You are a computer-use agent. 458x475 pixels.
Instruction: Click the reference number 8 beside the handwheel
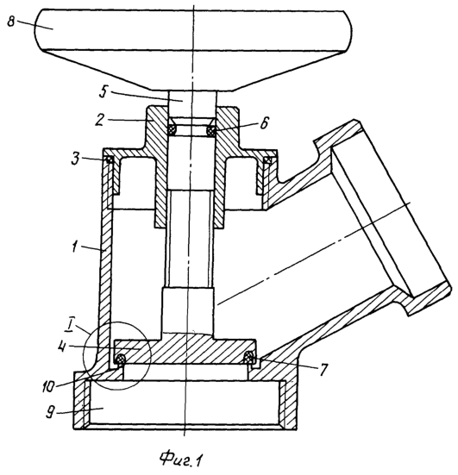[11, 22]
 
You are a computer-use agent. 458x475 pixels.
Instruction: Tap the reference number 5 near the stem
[104, 91]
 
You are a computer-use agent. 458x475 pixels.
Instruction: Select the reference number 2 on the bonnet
[99, 121]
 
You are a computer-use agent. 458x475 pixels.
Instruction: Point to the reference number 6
[264, 123]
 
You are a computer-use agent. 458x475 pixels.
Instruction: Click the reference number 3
[76, 158]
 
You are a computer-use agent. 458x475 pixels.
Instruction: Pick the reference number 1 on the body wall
[73, 247]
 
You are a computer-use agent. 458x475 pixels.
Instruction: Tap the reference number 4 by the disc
[61, 347]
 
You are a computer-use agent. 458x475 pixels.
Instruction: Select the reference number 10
[49, 386]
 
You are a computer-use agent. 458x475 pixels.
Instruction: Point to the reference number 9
[51, 413]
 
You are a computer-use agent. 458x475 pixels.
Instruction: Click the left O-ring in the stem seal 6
[173, 130]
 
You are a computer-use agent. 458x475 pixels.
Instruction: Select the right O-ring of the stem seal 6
[211, 131]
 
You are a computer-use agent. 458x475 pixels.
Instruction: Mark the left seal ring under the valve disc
[121, 358]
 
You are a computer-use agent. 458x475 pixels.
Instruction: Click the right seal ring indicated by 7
[250, 358]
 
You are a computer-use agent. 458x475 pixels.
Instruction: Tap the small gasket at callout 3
[109, 159]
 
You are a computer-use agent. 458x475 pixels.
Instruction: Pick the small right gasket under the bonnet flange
[267, 160]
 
